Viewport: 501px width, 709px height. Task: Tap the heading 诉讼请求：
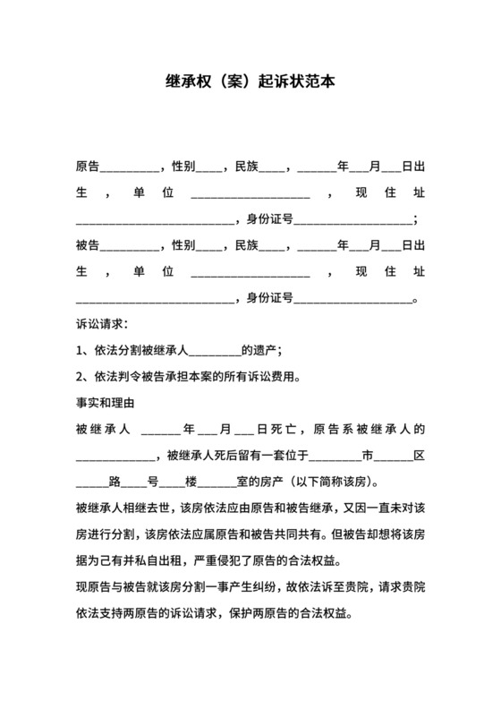102,324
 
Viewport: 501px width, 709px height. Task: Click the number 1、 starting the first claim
84,350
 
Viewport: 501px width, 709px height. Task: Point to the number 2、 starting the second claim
84,376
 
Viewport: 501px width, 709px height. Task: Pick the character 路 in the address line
115,480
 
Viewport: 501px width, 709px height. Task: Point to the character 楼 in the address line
191,480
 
